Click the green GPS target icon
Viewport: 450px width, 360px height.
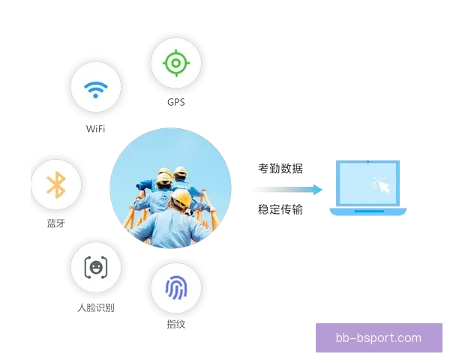pyautogui.click(x=176, y=63)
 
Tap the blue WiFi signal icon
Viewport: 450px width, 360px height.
pyautogui.click(x=96, y=89)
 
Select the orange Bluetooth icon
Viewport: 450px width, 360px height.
pyautogui.click(x=56, y=185)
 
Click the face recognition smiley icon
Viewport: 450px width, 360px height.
pyautogui.click(x=96, y=267)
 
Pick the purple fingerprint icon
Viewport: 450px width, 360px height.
pyautogui.click(x=176, y=288)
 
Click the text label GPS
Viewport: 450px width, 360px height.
pyautogui.click(x=176, y=102)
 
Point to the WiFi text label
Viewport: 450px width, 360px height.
pyautogui.click(x=95, y=129)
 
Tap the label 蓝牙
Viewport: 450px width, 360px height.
pyautogui.click(x=56, y=223)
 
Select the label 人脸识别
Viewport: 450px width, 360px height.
pyautogui.click(x=96, y=307)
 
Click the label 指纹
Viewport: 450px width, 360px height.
pyautogui.click(x=176, y=325)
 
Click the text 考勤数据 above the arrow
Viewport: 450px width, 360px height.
pyautogui.click(x=280, y=169)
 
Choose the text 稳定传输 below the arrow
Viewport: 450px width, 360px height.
pyautogui.click(x=280, y=209)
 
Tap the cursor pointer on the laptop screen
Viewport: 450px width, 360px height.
pyautogui.click(x=382, y=184)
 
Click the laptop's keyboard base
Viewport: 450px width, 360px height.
pyautogui.click(x=368, y=211)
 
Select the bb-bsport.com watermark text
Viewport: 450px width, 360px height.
pyautogui.click(x=379, y=338)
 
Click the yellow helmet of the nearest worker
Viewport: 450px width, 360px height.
pyautogui.click(x=181, y=198)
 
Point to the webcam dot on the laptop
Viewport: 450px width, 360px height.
pyautogui.click(x=368, y=162)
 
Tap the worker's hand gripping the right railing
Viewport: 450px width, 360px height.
pyautogui.click(x=212, y=209)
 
